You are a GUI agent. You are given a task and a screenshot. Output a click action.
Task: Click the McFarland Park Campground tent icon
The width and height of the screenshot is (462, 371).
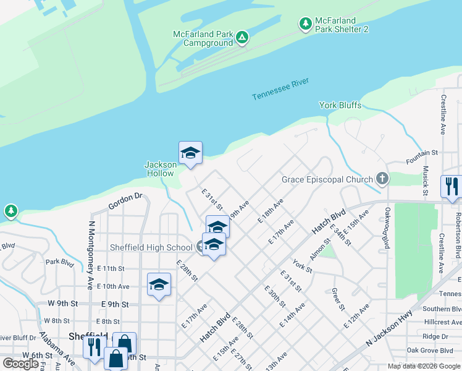243,38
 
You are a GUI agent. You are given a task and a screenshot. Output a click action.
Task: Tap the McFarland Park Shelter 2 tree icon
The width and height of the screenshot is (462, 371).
305,24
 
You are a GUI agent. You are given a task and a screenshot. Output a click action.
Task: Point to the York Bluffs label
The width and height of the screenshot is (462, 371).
340,105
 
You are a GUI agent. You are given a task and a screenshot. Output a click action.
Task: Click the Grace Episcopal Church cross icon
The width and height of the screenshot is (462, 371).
382,179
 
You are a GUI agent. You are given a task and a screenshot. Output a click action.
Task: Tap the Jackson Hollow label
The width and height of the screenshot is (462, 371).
159,169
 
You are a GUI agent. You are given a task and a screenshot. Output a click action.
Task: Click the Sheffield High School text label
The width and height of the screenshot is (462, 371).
151,247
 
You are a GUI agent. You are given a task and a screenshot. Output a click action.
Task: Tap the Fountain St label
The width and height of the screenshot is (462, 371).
422,151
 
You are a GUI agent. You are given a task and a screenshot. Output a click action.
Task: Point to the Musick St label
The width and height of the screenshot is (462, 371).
425,181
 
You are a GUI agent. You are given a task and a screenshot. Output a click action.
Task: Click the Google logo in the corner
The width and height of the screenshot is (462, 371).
21,364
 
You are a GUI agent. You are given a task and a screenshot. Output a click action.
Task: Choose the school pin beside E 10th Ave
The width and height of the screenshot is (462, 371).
159,285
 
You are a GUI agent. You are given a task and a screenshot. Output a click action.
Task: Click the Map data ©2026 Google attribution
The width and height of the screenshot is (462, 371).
424,366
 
